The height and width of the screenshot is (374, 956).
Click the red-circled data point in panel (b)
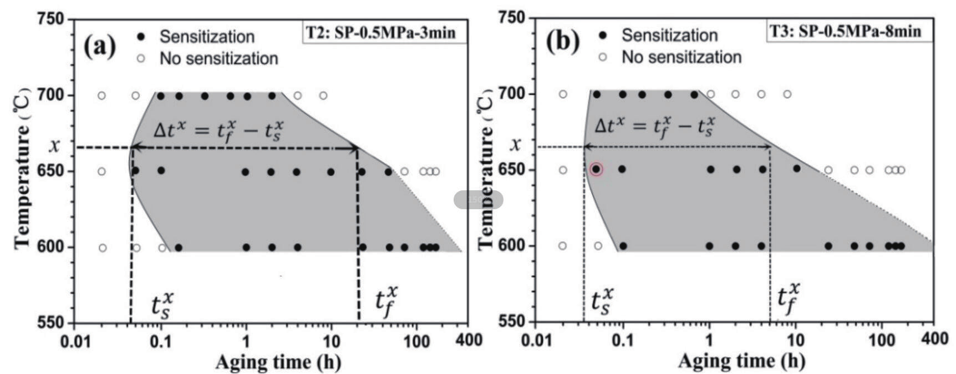pyautogui.click(x=596, y=169)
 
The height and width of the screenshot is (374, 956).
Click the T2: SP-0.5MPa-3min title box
pyautogui.click(x=381, y=33)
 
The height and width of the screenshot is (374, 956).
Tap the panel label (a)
pyautogui.click(x=100, y=46)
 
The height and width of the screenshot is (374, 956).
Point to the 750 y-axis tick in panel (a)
pyautogui.click(x=51, y=20)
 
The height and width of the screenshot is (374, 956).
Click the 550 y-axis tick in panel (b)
pyautogui.click(x=513, y=322)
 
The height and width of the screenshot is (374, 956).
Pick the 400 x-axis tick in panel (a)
pyautogui.click(x=469, y=340)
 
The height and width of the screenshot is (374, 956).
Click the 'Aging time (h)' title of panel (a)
pyautogui.click(x=278, y=362)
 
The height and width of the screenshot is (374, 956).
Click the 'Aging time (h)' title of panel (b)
pyautogui.click(x=741, y=361)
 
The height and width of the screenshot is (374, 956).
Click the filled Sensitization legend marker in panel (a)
pyautogui.click(x=141, y=37)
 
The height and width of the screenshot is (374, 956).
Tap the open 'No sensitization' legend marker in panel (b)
pyautogui.click(x=603, y=57)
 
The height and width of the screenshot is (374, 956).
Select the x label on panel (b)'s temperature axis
pyautogui.click(x=516, y=145)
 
